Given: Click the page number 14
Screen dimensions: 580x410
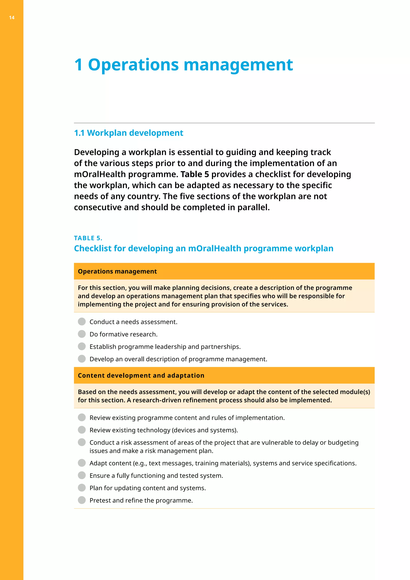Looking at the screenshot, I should tap(12, 18).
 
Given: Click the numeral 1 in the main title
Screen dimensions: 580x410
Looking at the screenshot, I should tap(78, 65).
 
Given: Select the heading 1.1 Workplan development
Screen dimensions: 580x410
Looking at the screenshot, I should tap(129, 133).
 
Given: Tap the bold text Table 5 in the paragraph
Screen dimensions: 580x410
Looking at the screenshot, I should tap(195, 174).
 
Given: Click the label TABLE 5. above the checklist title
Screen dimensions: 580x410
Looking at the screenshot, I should tap(88, 238).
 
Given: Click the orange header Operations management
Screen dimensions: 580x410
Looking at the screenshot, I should tap(117, 271).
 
